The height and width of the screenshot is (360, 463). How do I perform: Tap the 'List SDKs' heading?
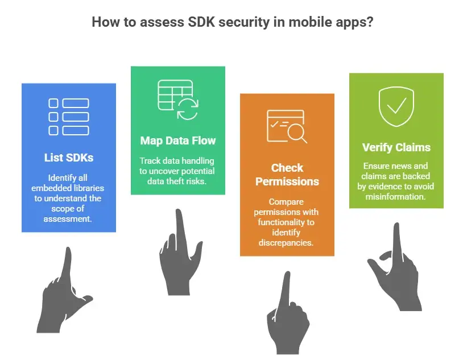pos(68,158)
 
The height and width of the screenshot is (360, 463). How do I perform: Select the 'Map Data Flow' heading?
pos(178,140)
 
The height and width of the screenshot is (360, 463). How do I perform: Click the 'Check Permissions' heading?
pos(287,175)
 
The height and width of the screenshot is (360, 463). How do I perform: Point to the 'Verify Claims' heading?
pos(396,147)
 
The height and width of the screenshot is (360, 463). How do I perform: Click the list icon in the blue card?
pos(68,117)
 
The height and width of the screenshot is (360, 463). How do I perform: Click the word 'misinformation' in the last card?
pos(396,196)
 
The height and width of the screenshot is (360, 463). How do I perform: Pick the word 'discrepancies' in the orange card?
pos(287,243)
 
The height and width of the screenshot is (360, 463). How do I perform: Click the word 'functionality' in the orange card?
pos(287,222)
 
